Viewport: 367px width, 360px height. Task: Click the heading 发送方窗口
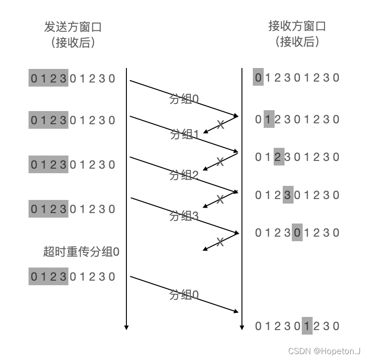pyautogui.click(x=72, y=27)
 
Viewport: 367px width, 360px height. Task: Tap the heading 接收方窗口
pyautogui.click(x=297, y=26)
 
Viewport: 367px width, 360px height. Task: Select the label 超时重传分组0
pyautogui.click(x=81, y=252)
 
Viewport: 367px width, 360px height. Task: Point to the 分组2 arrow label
pyautogui.click(x=184, y=175)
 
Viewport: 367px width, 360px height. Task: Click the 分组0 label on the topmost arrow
pyautogui.click(x=184, y=99)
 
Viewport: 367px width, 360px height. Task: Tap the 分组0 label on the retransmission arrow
pyautogui.click(x=184, y=295)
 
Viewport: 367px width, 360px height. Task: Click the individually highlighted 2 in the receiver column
pyautogui.click(x=279, y=157)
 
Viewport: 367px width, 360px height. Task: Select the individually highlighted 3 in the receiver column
pyautogui.click(x=288, y=195)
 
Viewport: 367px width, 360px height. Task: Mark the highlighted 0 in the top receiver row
pyautogui.click(x=258, y=78)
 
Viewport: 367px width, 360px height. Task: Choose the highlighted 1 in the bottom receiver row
pyautogui.click(x=307, y=326)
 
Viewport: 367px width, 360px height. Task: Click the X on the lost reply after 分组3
pyautogui.click(x=220, y=242)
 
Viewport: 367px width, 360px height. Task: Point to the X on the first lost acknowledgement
pyautogui.click(x=220, y=124)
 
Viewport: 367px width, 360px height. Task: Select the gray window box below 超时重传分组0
pyautogui.click(x=48, y=277)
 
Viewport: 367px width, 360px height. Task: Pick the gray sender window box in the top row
pyautogui.click(x=48, y=78)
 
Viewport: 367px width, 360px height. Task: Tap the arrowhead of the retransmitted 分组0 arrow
pyautogui.click(x=236, y=311)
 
